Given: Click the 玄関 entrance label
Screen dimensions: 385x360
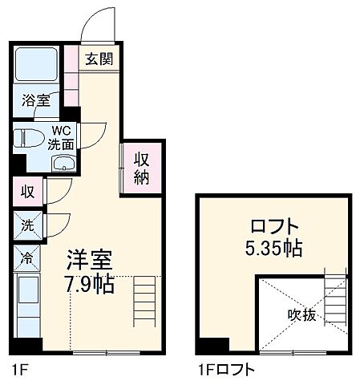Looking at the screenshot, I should pos(99,59).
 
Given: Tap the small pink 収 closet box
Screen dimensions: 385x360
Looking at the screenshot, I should pos(27,192).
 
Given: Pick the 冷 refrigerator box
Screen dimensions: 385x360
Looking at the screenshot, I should pos(26,259).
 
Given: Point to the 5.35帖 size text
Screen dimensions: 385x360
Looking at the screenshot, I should pos(273,249).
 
